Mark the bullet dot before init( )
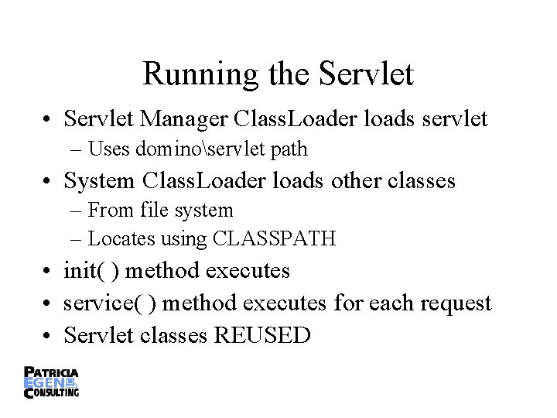[x=49, y=272]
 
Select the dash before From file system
[x=80, y=211]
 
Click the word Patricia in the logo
[x=53, y=372]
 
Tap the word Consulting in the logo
[x=56, y=392]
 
